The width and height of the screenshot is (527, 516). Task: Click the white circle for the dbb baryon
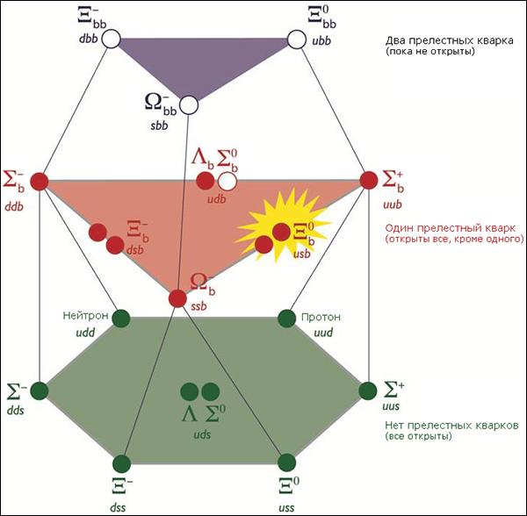coord(111,39)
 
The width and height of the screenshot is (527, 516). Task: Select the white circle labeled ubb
coord(297,39)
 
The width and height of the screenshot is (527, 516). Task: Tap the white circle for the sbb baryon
coord(189,104)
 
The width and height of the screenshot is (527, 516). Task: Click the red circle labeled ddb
coord(40,182)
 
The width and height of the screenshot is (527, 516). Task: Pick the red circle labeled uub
coord(369,180)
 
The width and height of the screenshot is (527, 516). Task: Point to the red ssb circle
coord(177,297)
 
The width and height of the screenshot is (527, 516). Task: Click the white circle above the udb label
coord(227,182)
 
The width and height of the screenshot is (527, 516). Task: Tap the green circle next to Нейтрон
coord(120,319)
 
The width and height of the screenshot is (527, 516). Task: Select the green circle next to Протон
coord(286,319)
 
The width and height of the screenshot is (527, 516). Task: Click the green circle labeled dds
coord(40,391)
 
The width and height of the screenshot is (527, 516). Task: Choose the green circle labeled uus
coord(368,391)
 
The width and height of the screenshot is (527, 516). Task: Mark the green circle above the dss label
coord(121,463)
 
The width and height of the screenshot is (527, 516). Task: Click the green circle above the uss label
coord(286,462)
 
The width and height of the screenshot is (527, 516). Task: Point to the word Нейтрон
coord(85,316)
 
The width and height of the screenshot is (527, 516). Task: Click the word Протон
coord(321,318)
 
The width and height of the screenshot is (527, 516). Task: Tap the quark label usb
coord(302,254)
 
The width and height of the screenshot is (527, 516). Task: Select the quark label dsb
coord(134,250)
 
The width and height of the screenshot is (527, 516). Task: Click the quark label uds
coord(202,434)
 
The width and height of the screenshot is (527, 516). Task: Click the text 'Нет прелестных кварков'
coord(451,426)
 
